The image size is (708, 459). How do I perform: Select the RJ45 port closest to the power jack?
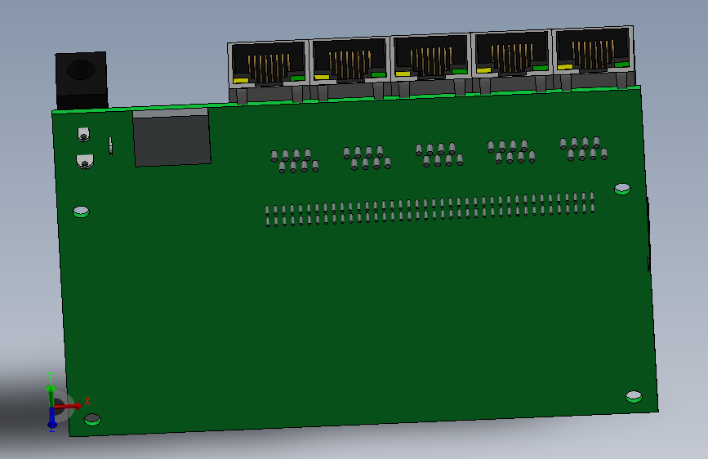point(268,63)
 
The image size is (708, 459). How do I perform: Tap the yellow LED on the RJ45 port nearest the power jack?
point(240,80)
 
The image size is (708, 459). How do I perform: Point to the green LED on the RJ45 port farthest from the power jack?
point(622,65)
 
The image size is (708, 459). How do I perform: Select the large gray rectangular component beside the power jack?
point(171,140)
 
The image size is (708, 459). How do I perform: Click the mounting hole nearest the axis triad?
point(92,420)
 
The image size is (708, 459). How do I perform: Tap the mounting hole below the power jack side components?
point(81,212)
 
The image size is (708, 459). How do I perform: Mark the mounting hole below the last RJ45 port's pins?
point(622,189)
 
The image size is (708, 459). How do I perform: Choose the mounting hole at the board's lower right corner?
point(634,397)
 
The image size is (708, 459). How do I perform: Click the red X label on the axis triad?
point(87,400)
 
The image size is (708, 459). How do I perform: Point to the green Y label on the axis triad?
point(50,377)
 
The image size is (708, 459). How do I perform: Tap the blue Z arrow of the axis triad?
point(52,420)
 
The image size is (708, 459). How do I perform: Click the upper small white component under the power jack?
point(82,134)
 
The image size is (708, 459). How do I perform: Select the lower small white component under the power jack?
point(84,161)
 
